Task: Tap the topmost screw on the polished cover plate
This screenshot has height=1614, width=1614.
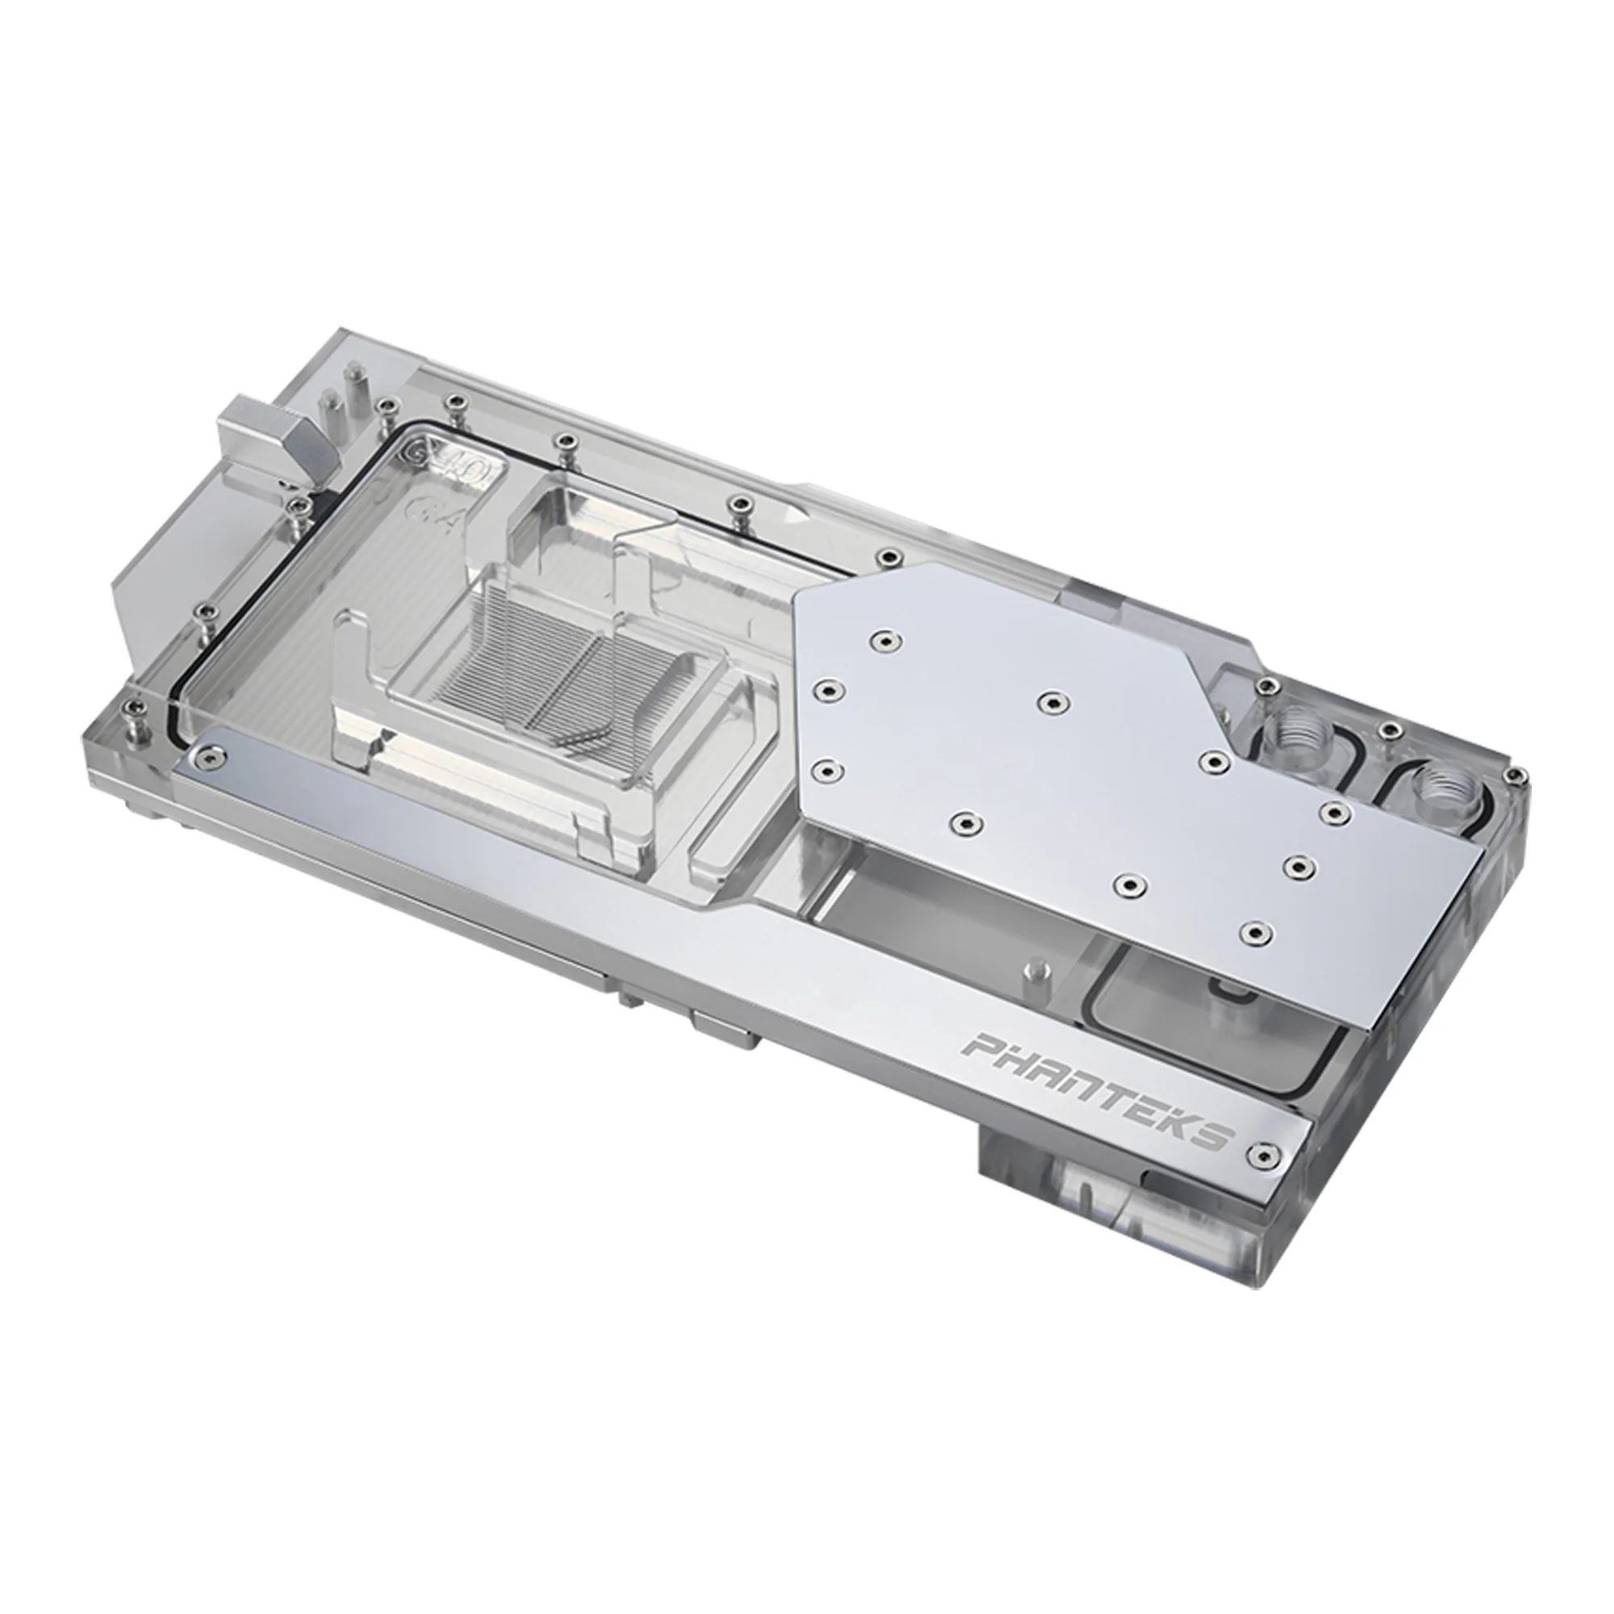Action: [882, 640]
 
